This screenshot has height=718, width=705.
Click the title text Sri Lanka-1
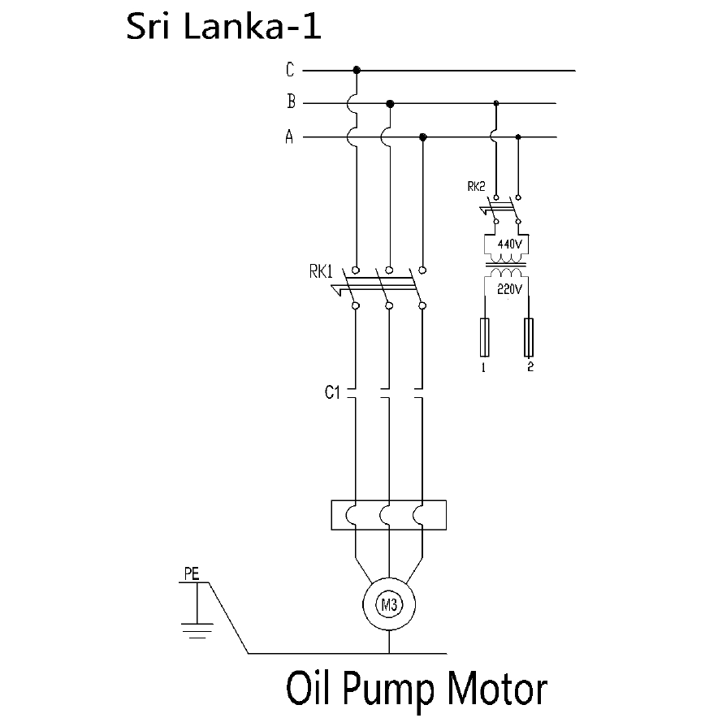[224, 27]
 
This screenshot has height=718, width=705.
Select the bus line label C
[290, 71]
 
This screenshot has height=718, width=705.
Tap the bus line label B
[290, 103]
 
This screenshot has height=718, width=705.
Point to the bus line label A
[289, 137]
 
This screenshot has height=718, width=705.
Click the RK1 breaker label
[320, 272]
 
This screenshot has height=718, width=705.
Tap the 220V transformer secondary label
[508, 288]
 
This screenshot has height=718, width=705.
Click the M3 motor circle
[389, 603]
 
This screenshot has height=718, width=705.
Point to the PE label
[191, 573]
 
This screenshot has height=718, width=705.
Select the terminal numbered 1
[484, 337]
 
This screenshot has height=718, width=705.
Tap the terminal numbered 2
[530, 337]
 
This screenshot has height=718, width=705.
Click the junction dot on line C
[357, 71]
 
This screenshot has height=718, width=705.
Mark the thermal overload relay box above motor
[388, 515]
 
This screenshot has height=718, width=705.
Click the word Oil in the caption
[308, 689]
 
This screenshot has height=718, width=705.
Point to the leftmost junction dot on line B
[390, 103]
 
